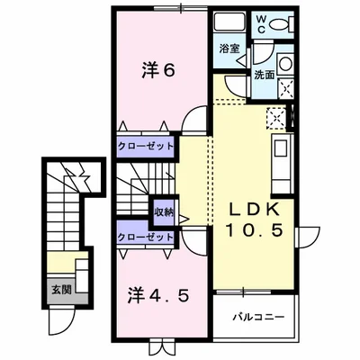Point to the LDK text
click(x=254, y=208)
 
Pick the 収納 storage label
click(x=163, y=212)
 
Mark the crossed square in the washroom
click(x=288, y=86)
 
